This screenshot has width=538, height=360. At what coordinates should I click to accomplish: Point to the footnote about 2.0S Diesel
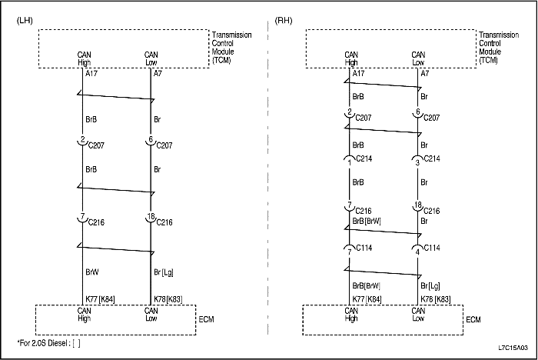click(x=48, y=342)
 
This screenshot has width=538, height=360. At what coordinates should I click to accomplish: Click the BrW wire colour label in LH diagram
click(x=91, y=272)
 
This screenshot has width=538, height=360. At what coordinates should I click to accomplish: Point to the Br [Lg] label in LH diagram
click(x=163, y=272)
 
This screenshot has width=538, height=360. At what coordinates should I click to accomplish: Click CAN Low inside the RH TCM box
click(x=418, y=58)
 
